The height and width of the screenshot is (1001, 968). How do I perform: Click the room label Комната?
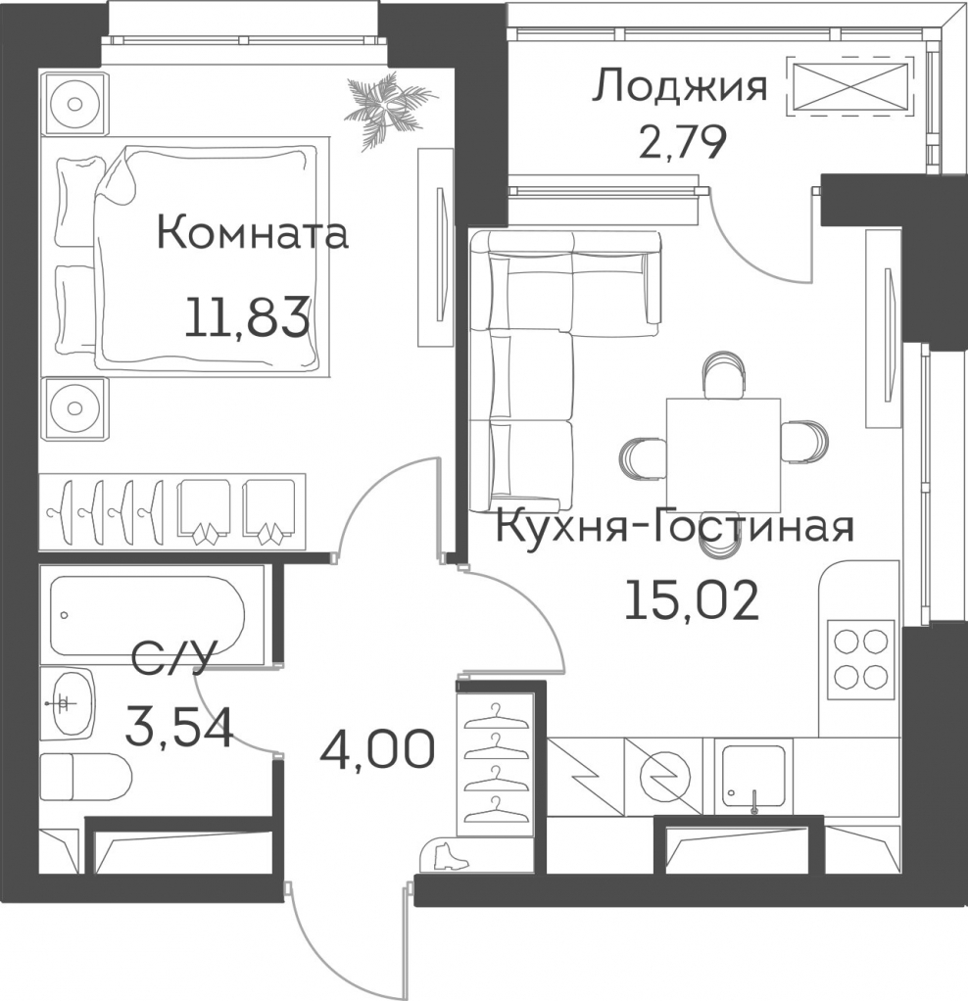point(252,234)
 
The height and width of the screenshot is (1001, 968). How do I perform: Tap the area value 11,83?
point(248,316)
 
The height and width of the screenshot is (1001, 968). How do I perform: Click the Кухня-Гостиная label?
point(674,527)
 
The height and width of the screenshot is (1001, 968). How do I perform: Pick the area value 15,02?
point(692,600)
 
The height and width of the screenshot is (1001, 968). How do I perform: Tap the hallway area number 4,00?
point(378,749)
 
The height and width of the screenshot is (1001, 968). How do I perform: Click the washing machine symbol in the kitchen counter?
point(664,777)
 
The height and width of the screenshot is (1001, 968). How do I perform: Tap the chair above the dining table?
point(723,377)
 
